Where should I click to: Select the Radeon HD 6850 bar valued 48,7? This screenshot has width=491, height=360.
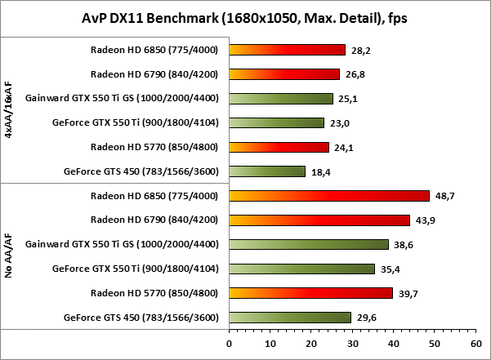(329, 196)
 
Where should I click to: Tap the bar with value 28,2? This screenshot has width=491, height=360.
(288, 50)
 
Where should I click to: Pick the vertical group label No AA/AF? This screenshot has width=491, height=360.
(9, 256)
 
